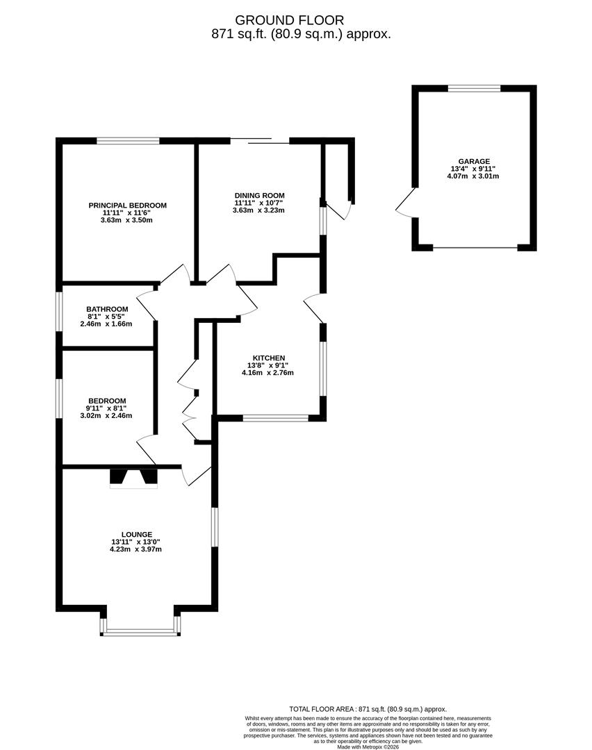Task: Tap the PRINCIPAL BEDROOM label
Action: [127, 205]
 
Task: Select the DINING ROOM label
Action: [259, 195]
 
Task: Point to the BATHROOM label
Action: [107, 309]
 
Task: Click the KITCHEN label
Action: [268, 358]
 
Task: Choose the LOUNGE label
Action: [135, 534]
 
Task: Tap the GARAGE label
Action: [473, 161]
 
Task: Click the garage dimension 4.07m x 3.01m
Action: [473, 176]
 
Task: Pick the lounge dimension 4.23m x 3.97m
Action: [135, 549]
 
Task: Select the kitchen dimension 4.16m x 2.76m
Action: [268, 373]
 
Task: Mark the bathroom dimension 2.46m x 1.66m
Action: [106, 324]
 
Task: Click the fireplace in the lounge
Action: [133, 478]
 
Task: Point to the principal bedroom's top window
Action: [128, 141]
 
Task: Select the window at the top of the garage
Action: [474, 88]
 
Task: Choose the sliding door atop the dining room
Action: [259, 141]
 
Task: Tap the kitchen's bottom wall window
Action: [275, 419]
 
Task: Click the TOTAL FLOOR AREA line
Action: [368, 708]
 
